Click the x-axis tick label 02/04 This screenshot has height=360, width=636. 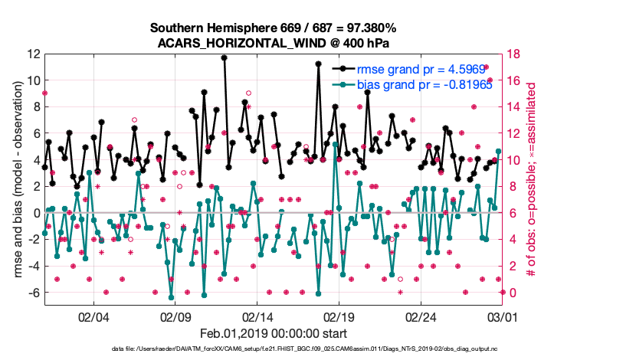click(93, 316)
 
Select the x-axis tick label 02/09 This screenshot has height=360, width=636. click(175, 316)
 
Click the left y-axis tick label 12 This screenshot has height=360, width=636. click(34, 54)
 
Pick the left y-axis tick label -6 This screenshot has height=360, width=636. click(32, 293)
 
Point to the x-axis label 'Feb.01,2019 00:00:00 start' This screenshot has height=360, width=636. click(274, 333)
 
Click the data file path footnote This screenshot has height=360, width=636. click(317, 349)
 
